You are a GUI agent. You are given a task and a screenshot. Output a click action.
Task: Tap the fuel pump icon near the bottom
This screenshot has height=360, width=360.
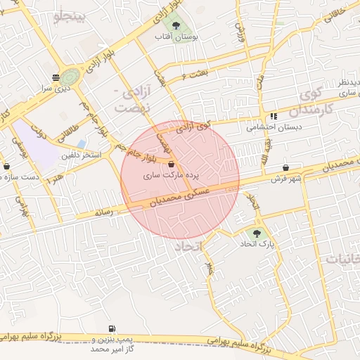pos(112,329)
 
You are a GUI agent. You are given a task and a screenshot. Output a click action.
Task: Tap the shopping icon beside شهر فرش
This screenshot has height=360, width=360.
pos(286,168)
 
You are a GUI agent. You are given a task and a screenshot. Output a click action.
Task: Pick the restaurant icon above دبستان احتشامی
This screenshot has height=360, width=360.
pos(273,116)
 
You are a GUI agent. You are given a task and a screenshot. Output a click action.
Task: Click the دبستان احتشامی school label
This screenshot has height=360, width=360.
pos(265,128)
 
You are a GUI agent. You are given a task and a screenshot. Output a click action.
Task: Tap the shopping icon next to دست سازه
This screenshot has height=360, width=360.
pos(7,167)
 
